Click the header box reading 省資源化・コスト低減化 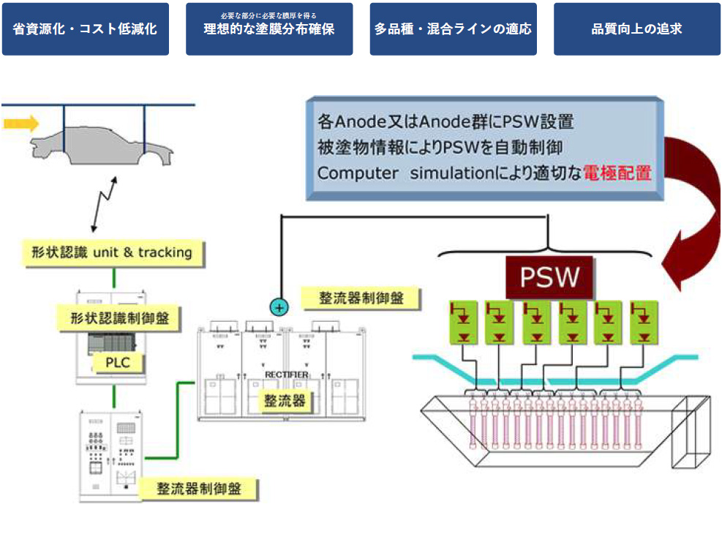85,29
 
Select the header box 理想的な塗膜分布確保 269,29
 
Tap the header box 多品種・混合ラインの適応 453,29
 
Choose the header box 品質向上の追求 636,29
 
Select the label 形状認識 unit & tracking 113,252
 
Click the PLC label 116,361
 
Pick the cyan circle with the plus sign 279,307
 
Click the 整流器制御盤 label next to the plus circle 360,297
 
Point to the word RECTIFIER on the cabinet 287,375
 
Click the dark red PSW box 549,277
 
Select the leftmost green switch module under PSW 463,323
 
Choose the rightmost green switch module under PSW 644,323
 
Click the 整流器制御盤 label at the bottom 199,487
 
